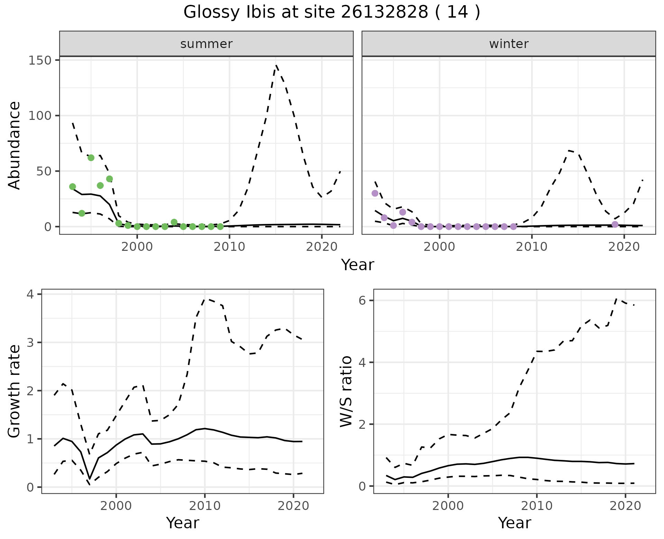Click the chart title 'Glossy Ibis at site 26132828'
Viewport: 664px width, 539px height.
click(x=331, y=12)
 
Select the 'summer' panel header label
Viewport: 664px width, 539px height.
click(x=206, y=44)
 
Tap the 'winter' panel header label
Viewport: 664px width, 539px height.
click(x=509, y=44)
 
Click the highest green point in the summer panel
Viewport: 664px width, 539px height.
click(x=91, y=158)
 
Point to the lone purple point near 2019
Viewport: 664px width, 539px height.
click(x=615, y=225)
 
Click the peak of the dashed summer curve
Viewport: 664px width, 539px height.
click(x=276, y=65)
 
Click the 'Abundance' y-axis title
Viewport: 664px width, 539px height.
click(x=15, y=145)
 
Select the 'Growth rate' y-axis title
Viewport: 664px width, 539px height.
click(x=15, y=391)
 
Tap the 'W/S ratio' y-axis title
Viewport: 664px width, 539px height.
click(x=346, y=391)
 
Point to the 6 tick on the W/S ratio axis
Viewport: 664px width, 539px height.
click(x=362, y=301)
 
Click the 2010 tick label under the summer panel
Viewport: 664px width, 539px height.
click(x=229, y=247)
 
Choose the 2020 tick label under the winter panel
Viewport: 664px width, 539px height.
click(x=624, y=247)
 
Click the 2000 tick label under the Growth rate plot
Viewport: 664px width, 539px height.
click(x=116, y=506)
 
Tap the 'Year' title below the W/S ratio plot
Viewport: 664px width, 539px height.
click(x=514, y=523)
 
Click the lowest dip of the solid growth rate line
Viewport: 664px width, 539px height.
click(x=90, y=479)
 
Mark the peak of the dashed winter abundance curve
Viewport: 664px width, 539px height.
click(x=569, y=151)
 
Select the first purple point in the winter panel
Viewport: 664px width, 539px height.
click(x=375, y=193)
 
